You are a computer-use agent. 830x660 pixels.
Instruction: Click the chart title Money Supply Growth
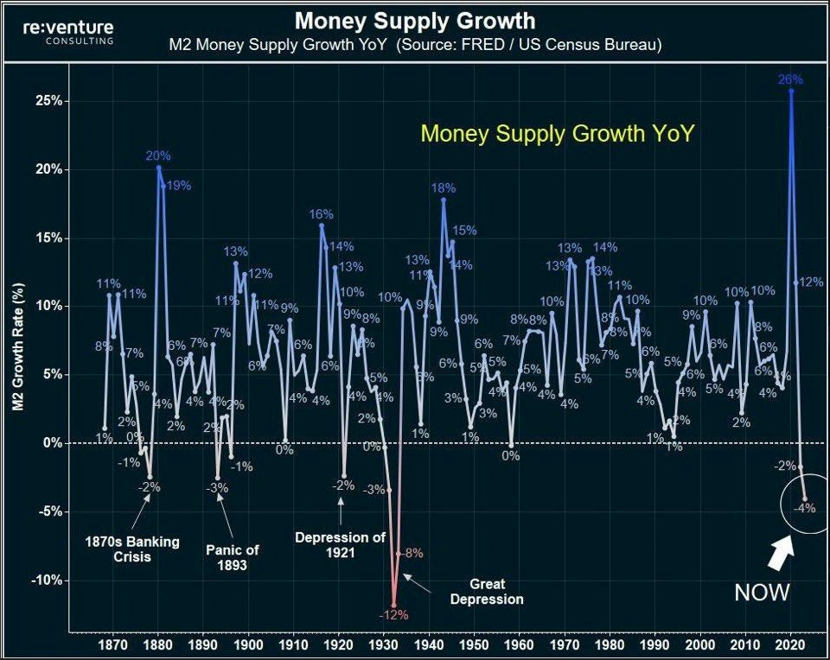[415, 21]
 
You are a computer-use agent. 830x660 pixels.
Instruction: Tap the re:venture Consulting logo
[68, 33]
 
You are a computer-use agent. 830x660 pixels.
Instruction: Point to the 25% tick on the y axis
[48, 101]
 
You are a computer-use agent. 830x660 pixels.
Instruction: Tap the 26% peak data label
[790, 79]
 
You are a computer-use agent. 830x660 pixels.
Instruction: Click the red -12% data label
[393, 615]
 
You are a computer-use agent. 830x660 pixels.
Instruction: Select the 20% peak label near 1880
[158, 156]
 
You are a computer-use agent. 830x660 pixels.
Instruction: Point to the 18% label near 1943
[444, 188]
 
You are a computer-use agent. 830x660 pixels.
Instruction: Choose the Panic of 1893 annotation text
[233, 557]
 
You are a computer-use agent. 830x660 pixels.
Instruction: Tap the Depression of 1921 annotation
[340, 545]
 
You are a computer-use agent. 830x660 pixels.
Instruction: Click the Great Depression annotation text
[486, 591]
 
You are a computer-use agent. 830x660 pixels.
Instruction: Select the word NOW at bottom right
[762, 593]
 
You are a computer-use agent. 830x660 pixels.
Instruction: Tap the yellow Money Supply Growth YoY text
[557, 134]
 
